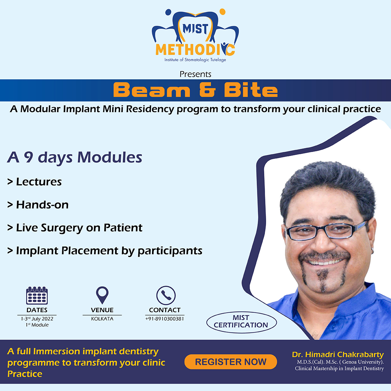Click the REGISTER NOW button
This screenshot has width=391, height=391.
pos(231,362)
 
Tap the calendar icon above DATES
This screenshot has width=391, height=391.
pos(37,295)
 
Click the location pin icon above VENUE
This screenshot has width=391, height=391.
pos(102,295)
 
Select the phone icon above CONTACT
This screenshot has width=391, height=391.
pos(166,295)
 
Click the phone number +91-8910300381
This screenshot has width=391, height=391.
pos(165,319)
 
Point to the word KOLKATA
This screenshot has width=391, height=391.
pos(102,319)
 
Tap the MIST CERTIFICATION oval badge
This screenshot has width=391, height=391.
pos(241,322)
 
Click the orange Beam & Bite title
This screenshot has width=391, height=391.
pos(195,90)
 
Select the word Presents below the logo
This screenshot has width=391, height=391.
pos(195,74)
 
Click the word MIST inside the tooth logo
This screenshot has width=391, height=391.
pos(195,29)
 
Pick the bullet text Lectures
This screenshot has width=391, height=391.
pos(39,182)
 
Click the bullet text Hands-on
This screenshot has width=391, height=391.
pos(42,205)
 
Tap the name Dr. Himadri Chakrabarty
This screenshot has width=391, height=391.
pos(338,354)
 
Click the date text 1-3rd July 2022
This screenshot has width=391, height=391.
pos(37,319)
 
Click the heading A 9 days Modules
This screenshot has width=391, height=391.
pos(75,157)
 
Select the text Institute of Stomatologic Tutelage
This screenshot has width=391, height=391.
pos(195,60)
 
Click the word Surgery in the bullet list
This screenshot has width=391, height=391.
pos(62,228)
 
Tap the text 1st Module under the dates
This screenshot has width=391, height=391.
pos(37,325)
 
